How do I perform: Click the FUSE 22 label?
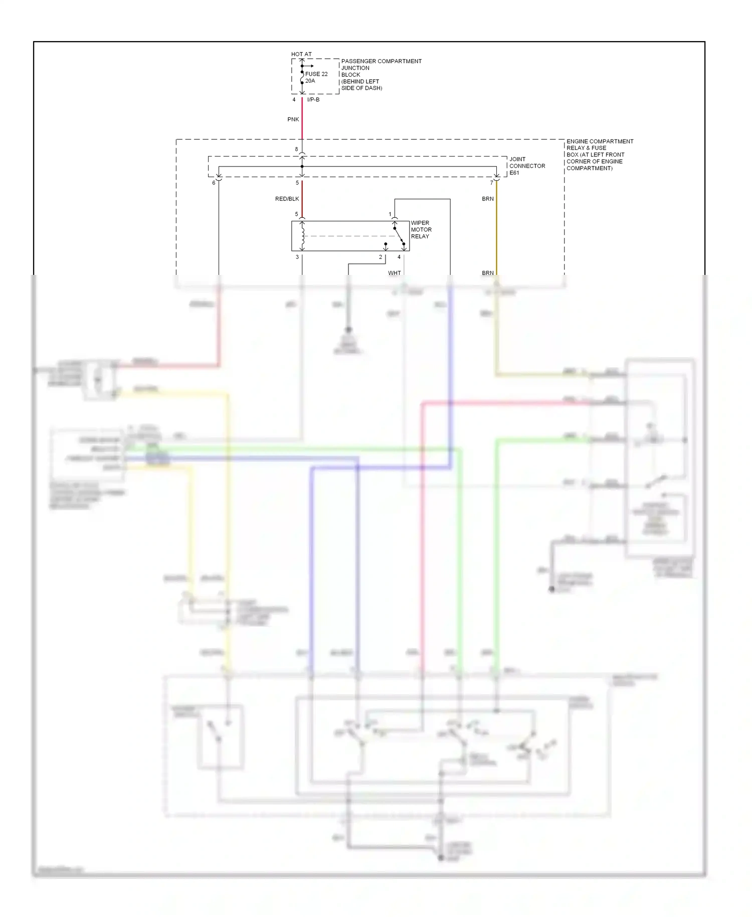click(x=316, y=74)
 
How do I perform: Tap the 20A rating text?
click(x=310, y=81)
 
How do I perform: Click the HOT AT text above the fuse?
click(x=301, y=54)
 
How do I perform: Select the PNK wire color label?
click(x=293, y=119)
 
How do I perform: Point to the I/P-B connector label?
click(x=313, y=100)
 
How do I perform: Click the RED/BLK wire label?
click(x=287, y=199)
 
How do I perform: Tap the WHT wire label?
click(x=394, y=273)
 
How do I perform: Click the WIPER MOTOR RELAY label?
click(x=421, y=230)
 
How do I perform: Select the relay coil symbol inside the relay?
click(x=302, y=236)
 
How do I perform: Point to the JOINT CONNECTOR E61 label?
click(x=526, y=166)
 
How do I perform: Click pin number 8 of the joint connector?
click(x=296, y=149)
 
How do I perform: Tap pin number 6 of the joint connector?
click(x=214, y=183)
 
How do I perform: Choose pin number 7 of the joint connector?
click(x=491, y=183)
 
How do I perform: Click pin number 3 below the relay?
click(x=297, y=257)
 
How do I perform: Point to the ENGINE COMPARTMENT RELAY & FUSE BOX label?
click(x=599, y=155)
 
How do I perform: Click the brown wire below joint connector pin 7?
click(x=496, y=226)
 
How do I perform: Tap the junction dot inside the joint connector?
click(x=302, y=167)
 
